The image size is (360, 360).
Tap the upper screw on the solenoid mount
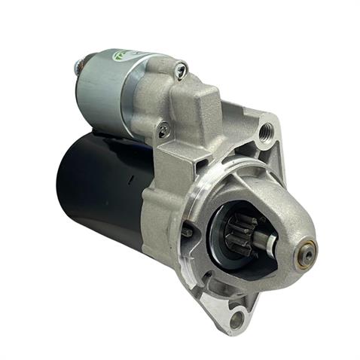pos(180,71)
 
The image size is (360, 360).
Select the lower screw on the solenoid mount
pos(163,130)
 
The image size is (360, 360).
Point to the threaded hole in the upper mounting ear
pos(264,136)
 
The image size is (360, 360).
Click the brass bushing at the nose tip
pos(307,252)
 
